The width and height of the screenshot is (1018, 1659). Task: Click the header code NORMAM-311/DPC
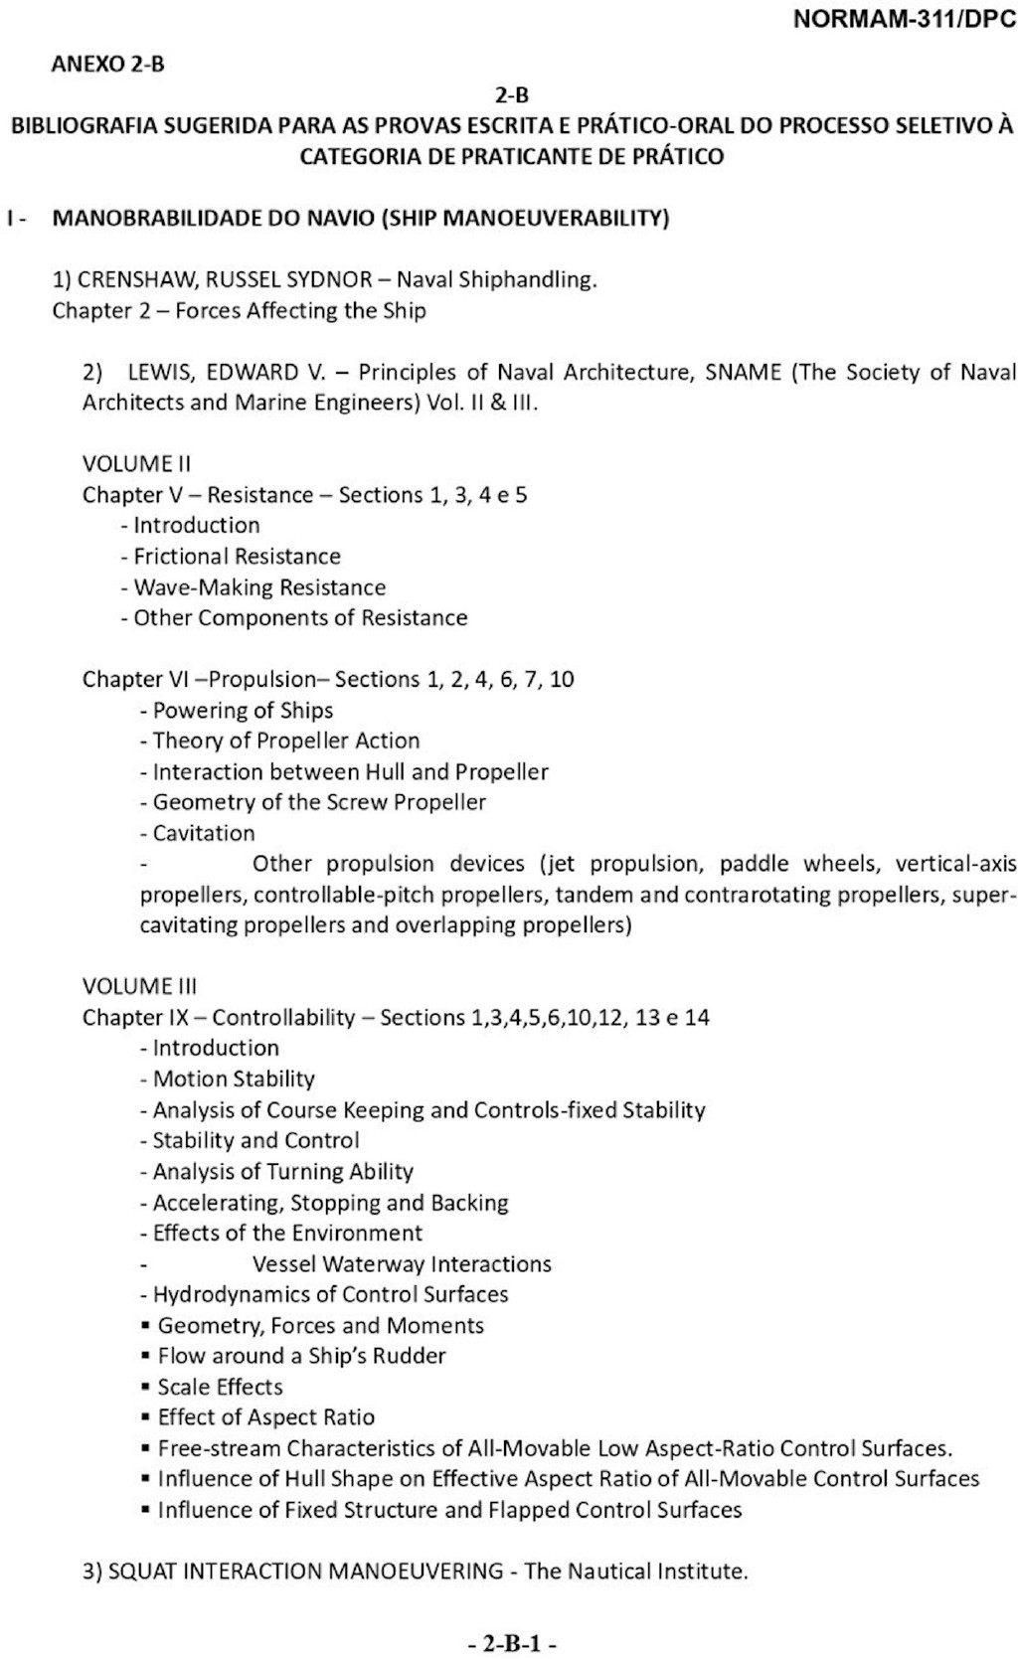pos(904,21)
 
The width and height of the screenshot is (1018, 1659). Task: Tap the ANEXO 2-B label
pos(107,65)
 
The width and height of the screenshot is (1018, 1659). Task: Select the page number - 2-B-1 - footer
pos(511,1643)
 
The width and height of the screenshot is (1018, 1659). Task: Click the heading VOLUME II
pos(136,463)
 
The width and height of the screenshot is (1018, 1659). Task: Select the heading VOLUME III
pos(139,986)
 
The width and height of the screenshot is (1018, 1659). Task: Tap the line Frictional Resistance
pos(237,556)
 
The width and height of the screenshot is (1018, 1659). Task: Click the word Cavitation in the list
pos(204,833)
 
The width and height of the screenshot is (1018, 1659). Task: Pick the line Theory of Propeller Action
pos(285,741)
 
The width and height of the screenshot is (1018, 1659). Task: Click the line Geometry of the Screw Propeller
pos(319,802)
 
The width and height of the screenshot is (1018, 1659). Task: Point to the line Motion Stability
pos(234,1078)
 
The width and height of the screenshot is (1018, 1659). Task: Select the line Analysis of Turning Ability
pos(282,1171)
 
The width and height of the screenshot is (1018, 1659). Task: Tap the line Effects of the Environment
pos(287,1233)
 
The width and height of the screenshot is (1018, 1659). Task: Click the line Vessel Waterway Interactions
pos(402,1263)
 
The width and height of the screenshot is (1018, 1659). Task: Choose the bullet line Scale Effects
pos(220,1387)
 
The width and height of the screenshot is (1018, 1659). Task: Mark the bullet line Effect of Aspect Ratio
pos(265,1417)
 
